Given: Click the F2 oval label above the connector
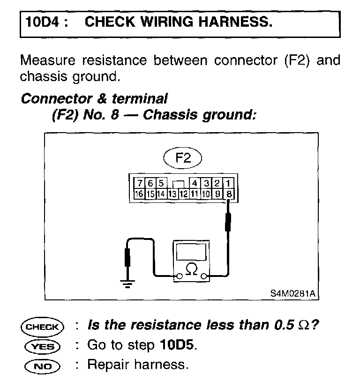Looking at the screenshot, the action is point(183,158).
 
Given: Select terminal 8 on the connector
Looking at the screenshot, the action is point(229,193).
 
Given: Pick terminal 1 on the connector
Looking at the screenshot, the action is point(228,183).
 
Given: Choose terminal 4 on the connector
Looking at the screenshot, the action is point(195,183).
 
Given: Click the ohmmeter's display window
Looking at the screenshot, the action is point(191,253).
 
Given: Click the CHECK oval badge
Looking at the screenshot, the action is point(41,326).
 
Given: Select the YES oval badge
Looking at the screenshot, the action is point(41,346).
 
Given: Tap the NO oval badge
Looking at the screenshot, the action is point(41,365).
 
